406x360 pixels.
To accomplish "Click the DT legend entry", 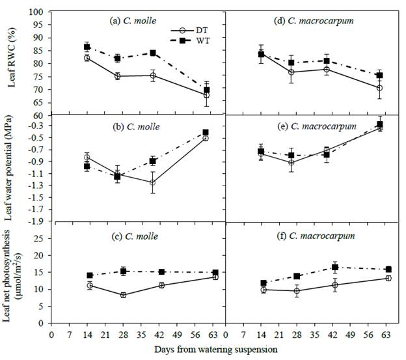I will click(193, 31).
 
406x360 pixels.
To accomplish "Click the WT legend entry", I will click(193, 40).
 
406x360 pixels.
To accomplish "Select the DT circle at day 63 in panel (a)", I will click(206, 95).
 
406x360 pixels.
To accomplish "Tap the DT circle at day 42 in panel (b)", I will click(152, 182).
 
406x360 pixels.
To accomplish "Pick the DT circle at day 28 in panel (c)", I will click(123, 295).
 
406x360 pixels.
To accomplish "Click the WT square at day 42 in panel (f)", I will click(335, 268).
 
